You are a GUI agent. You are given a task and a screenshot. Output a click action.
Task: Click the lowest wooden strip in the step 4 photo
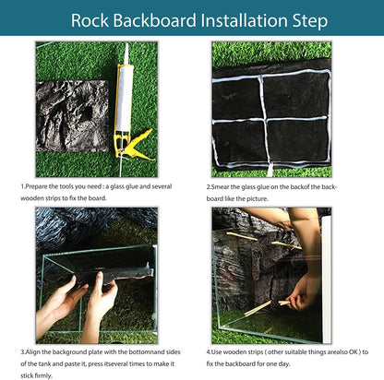click(x=268, y=304)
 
